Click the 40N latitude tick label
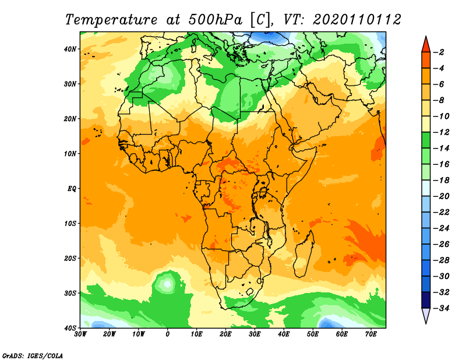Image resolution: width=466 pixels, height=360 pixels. (70, 49)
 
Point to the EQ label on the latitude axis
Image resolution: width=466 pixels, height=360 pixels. (72, 189)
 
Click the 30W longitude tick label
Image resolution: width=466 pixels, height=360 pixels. (80, 334)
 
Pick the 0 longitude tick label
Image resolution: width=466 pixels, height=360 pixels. (167, 334)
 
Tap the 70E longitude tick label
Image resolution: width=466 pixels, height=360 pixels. (371, 334)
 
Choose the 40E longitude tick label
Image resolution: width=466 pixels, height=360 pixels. (284, 334)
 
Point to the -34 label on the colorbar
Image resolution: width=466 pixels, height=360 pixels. (441, 308)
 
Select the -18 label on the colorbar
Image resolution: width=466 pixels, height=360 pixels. (441, 180)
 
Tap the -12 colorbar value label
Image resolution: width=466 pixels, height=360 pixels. (441, 132)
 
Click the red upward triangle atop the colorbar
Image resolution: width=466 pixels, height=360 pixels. (426, 45)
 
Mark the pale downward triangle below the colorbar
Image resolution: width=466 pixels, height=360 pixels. (426, 315)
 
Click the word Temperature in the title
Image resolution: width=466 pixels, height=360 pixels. (111, 20)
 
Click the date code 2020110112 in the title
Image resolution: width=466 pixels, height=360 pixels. (357, 20)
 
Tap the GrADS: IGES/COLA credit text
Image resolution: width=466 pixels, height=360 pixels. (33, 355)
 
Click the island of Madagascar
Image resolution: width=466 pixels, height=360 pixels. (304, 253)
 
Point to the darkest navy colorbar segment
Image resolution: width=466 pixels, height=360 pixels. (426, 300)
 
